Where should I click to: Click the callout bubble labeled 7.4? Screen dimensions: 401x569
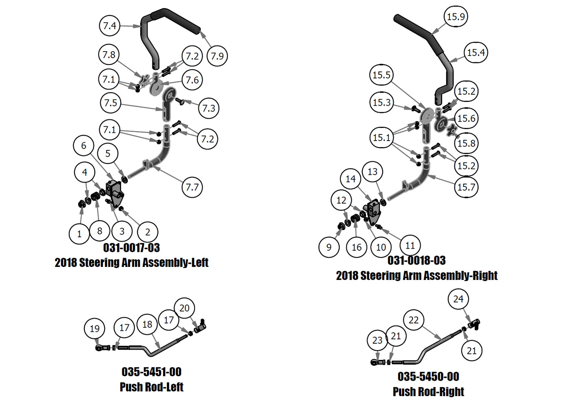click(x=110, y=26)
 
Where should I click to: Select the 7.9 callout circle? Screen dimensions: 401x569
click(x=217, y=56)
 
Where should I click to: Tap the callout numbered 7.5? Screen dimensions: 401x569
click(x=111, y=103)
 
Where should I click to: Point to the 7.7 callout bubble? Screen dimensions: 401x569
click(x=192, y=187)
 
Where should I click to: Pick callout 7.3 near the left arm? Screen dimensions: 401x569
click(x=208, y=108)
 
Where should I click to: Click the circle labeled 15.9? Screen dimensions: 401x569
click(x=456, y=17)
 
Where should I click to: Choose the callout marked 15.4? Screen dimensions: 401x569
click(x=476, y=52)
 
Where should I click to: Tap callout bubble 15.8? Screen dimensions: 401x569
click(x=466, y=143)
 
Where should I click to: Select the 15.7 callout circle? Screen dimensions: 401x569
click(x=466, y=187)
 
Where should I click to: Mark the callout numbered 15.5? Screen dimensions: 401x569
click(x=381, y=75)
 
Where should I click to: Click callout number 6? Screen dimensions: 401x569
click(x=84, y=145)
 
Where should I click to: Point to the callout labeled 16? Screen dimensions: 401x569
click(x=356, y=247)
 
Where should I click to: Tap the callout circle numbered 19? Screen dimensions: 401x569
click(x=94, y=329)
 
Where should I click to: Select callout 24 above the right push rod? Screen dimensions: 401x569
click(x=458, y=299)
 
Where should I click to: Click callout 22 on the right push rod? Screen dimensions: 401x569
click(x=413, y=320)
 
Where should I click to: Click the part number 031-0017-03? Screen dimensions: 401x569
click(x=131, y=248)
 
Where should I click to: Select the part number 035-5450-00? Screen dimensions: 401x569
click(x=428, y=377)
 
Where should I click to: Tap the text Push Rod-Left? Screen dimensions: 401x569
click(x=151, y=387)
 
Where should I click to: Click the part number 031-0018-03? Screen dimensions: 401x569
click(x=417, y=260)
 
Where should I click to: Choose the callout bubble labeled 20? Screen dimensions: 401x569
click(x=184, y=308)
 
